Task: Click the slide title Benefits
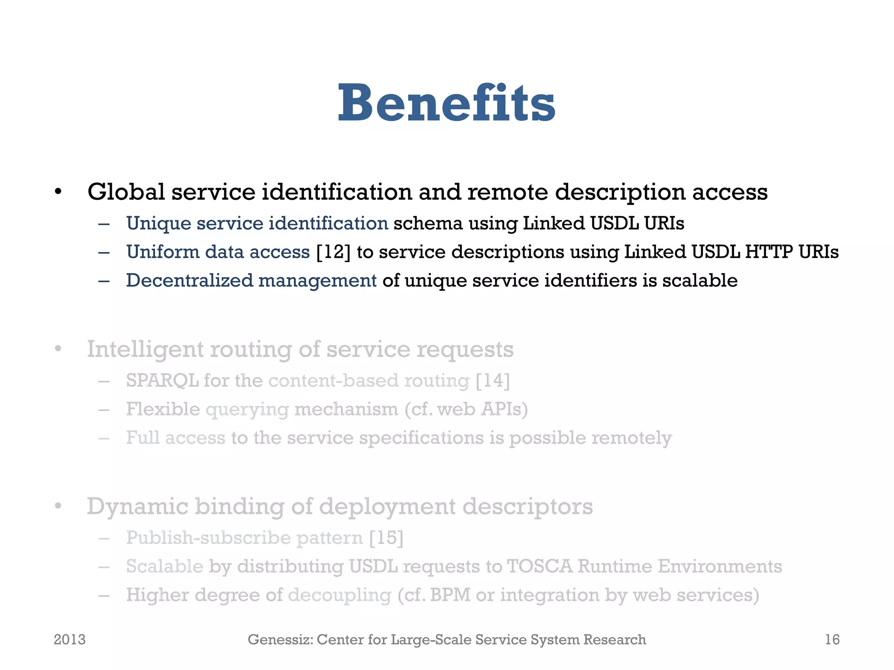point(446,104)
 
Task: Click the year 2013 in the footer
point(69,639)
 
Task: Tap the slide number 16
point(832,639)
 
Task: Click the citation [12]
point(333,252)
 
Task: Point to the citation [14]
point(492,380)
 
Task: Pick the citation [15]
point(386,537)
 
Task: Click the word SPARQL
point(162,380)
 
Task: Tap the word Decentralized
point(189,280)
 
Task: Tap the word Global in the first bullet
point(126,192)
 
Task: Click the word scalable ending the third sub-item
point(700,280)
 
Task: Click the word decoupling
point(340,595)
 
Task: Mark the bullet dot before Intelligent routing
point(58,349)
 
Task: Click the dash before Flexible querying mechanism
point(104,410)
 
